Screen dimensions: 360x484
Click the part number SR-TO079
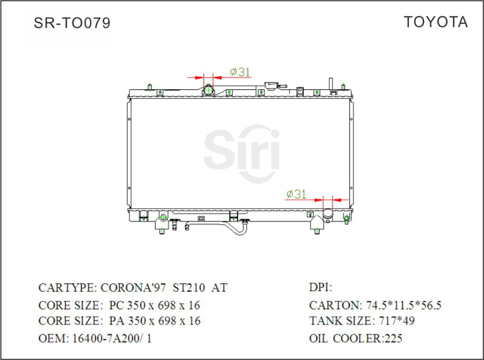tap(72, 23)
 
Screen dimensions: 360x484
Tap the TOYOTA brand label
tap(435, 22)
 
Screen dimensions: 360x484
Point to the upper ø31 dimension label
tap(240, 72)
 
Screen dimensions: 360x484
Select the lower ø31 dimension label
tap(296, 194)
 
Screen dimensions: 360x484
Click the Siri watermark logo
tap(242, 153)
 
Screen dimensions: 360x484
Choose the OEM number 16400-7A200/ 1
tap(112, 338)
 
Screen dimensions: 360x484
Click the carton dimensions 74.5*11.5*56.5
tap(402, 305)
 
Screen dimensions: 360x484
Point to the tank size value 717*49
tap(397, 321)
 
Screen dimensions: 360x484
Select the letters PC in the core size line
tap(116, 305)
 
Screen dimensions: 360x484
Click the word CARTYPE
tap(67, 288)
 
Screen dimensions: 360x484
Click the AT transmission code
tap(219, 288)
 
